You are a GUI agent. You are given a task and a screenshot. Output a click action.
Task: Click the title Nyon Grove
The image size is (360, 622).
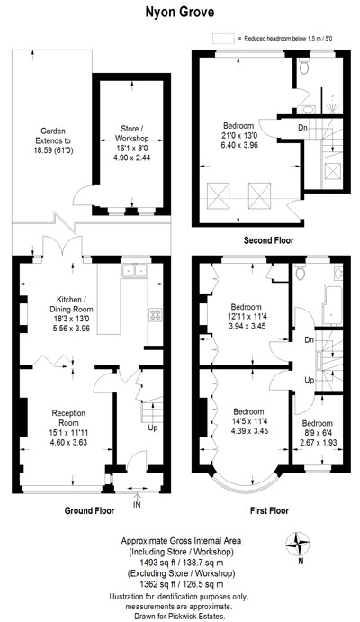180,13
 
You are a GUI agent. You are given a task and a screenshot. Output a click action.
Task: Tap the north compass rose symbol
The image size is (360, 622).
298,545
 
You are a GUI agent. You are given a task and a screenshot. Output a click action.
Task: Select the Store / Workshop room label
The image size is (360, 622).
131,134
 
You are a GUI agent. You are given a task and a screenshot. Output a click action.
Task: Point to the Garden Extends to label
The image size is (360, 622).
53,136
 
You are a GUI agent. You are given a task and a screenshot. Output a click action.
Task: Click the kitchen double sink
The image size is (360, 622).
135,271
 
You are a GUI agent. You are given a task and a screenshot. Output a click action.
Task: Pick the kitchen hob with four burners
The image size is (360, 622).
155,315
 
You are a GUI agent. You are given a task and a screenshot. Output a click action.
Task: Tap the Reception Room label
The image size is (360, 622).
68,418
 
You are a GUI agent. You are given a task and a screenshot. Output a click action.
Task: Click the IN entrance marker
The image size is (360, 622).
137,505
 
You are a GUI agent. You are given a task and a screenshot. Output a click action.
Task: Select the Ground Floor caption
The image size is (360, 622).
89,510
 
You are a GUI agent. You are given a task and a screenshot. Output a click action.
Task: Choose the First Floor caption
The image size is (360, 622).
270,510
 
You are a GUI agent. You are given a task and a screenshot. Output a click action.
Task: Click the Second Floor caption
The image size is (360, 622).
269,240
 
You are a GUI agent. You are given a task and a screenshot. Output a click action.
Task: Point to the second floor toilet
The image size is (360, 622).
304,66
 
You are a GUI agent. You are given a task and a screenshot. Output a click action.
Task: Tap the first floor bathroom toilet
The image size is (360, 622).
300,271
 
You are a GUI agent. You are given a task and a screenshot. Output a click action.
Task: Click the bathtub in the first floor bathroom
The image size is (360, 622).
332,304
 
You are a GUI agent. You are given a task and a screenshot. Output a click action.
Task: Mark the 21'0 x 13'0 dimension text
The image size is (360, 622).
238,135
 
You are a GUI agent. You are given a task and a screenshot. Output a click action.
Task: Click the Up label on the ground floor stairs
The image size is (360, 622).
153,428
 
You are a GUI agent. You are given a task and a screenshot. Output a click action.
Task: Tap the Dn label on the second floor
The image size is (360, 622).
303,128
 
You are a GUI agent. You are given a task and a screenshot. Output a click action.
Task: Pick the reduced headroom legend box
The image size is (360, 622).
223,39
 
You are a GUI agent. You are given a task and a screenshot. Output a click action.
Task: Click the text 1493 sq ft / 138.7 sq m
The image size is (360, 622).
181,563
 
